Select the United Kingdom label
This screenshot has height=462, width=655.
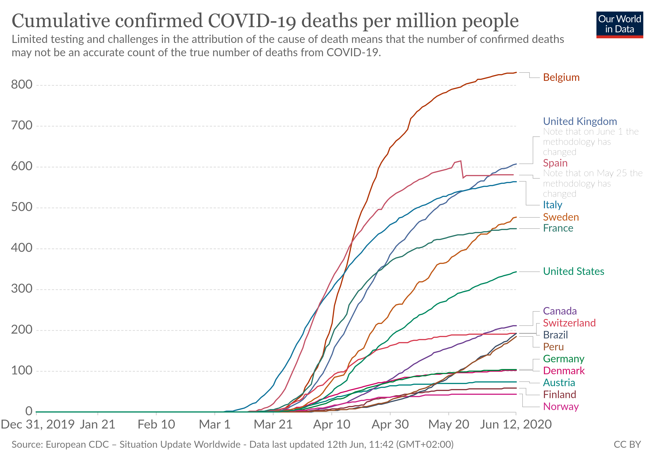580,121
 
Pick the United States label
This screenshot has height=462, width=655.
573,271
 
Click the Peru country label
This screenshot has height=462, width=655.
553,347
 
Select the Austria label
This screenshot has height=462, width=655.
559,382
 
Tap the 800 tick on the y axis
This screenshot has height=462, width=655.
22,85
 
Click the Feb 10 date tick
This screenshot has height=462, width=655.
156,425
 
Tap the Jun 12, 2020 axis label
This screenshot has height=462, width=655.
516,425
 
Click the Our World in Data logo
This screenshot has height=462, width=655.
619,24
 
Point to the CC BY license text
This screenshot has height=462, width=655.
627,445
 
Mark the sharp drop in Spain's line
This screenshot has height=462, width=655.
462,170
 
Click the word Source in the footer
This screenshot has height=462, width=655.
27,445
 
